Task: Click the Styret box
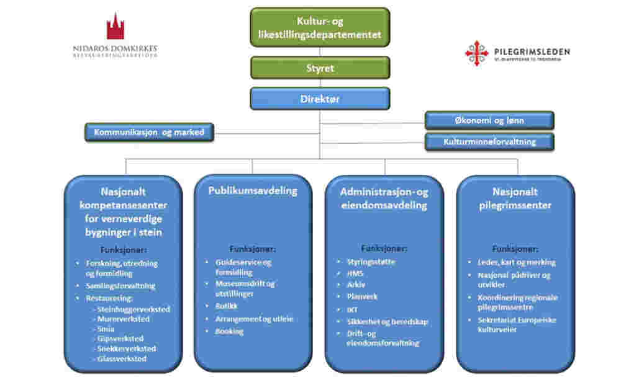pos(320,68)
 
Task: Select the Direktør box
pos(320,99)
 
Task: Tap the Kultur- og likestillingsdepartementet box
pos(320,28)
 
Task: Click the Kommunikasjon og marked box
pos(149,132)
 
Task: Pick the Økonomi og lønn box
pos(489,120)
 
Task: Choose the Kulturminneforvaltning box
pos(489,142)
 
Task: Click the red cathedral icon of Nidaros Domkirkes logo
pos(115,27)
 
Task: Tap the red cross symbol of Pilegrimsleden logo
pos(476,53)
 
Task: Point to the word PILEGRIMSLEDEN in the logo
pos(532,52)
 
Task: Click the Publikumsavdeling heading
pos(252,191)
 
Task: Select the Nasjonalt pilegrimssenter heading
pos(515,198)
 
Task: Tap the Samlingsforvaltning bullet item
pos(120,286)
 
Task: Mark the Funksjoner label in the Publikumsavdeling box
pos(252,249)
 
